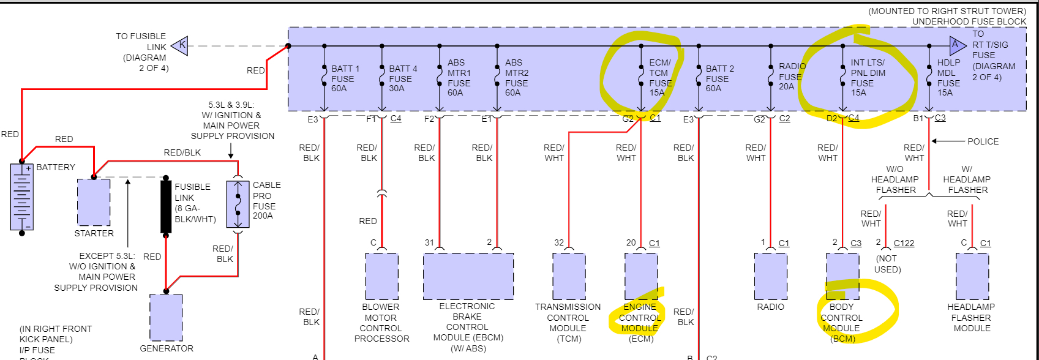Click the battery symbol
click(x=21, y=197)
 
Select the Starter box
click(x=94, y=202)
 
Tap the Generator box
click(x=166, y=317)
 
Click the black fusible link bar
click(x=166, y=206)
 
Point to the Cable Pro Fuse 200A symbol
click(x=238, y=204)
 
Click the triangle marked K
click(x=180, y=45)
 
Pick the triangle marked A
click(x=956, y=45)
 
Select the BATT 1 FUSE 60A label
click(x=345, y=78)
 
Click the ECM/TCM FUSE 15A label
click(x=660, y=78)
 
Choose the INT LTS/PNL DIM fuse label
click(x=868, y=78)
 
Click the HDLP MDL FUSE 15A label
click(x=948, y=78)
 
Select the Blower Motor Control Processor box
click(x=381, y=276)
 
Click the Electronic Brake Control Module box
click(x=468, y=276)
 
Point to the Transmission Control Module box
click(x=569, y=276)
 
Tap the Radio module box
click(x=770, y=276)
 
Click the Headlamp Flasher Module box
click(x=972, y=276)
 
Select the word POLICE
click(x=983, y=141)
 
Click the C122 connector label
click(x=904, y=243)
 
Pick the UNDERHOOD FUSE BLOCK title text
click(x=969, y=21)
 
